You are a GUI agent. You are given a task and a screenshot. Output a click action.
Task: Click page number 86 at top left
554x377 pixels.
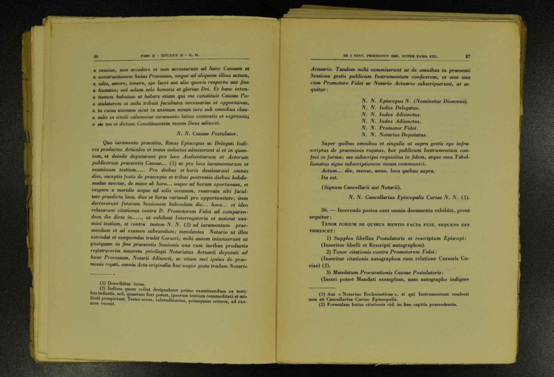coord(96,57)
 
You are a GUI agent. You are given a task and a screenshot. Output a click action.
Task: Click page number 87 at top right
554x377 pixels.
coord(467,57)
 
